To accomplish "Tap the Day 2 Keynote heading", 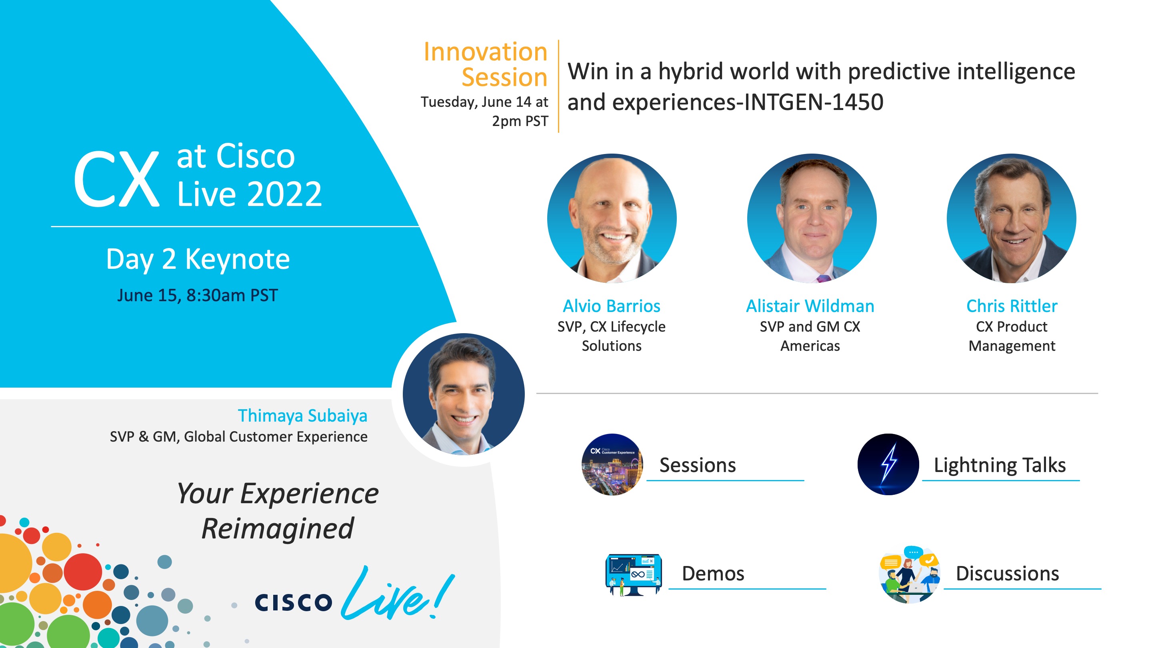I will pos(198,259).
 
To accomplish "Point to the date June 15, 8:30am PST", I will pos(197,296).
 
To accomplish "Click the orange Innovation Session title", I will pos(486,64).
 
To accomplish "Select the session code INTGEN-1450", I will pos(814,102).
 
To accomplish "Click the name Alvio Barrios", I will pos(611,306).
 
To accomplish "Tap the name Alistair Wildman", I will pos(810,306).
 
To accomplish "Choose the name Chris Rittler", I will pos(1012,306).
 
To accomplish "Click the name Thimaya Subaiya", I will pos(302,416).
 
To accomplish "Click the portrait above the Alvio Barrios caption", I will pos(612,218).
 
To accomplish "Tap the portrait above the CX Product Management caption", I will pos(1011,218).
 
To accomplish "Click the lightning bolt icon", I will pos(888,464).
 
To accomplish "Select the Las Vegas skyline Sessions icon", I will pos(612,464).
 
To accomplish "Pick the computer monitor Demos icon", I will pos(633,574).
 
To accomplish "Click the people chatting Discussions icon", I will pos(909,574).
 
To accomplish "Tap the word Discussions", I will pos(1007,574).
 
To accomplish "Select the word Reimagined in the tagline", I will pos(278,528).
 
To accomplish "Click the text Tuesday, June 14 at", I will pos(484,102).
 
